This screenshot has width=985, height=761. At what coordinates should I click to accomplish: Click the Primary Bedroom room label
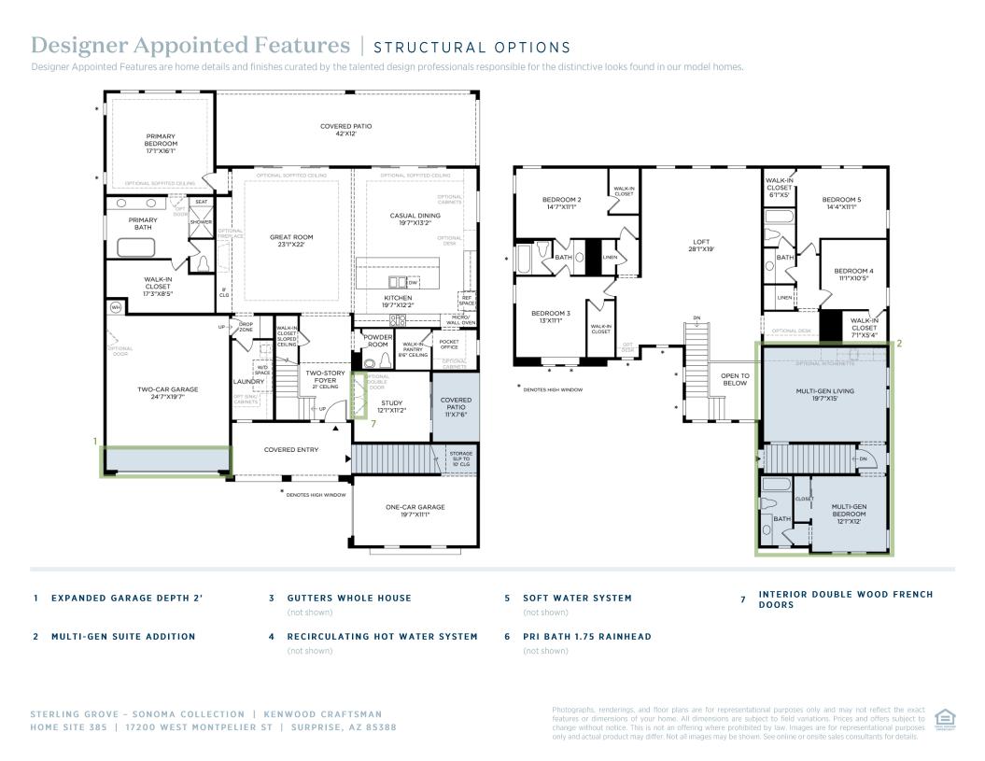point(161,143)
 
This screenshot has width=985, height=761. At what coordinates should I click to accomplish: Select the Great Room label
point(291,241)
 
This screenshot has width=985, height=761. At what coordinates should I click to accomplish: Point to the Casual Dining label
point(415,219)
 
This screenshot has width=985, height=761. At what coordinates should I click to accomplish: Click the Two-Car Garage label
point(168,392)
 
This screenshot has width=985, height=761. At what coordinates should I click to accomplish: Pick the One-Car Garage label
point(415,511)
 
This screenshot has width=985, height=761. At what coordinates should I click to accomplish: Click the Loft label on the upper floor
point(701,246)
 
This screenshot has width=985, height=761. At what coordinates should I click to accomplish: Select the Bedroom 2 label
point(562,203)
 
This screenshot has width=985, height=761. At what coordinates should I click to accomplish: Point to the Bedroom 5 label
point(841,203)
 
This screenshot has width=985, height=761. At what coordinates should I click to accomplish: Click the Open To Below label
point(735,379)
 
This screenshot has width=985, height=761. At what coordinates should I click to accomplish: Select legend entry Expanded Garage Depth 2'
point(126,599)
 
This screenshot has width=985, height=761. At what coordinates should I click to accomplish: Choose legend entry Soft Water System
point(576,599)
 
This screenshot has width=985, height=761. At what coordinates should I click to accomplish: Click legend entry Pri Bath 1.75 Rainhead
point(586,637)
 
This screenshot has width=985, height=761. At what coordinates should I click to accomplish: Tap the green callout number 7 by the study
point(373,423)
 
